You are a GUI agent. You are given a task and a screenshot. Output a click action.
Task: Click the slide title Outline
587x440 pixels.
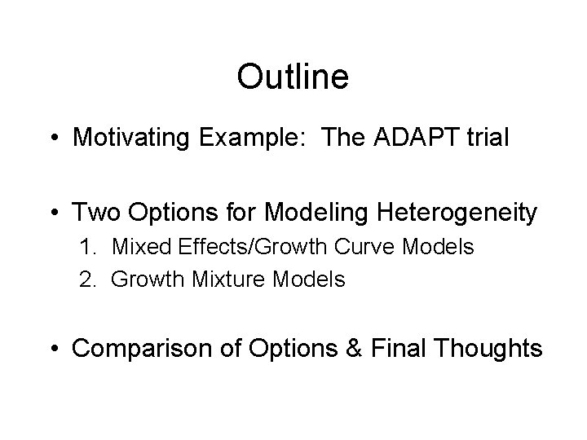[293, 77]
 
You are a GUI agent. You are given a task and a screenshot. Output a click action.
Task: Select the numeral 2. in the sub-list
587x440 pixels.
[89, 279]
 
